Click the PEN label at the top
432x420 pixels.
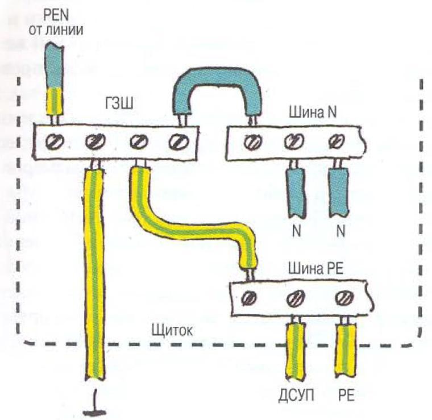pyautogui.click(x=56, y=16)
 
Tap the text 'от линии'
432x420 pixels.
pyautogui.click(x=56, y=30)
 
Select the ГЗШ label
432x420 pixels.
pyautogui.click(x=119, y=104)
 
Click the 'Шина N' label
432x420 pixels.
pyautogui.click(x=313, y=113)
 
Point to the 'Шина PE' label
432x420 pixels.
pyautogui.click(x=315, y=268)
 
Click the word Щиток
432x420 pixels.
pyautogui.click(x=172, y=331)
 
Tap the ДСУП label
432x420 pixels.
pyautogui.click(x=296, y=396)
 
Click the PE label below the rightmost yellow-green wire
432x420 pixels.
pyautogui.click(x=346, y=396)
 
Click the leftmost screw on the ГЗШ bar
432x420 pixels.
pyautogui.click(x=54, y=142)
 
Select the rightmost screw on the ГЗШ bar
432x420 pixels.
pyautogui.click(x=179, y=142)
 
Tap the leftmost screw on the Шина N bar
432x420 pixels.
pyautogui.click(x=253, y=142)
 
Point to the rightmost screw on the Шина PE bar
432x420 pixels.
pyautogui.click(x=344, y=298)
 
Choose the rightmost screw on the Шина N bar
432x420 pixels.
pyautogui.click(x=337, y=141)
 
